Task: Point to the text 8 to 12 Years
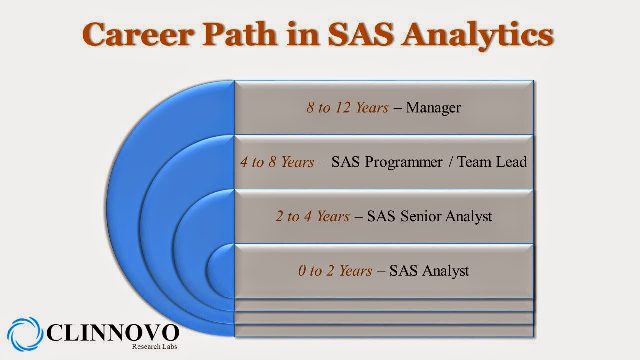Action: coord(347,108)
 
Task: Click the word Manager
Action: coord(433,108)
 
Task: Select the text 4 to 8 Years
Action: coord(277,162)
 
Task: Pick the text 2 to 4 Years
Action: coord(312,217)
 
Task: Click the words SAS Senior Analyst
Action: coord(429,217)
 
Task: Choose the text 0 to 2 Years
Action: coord(335,271)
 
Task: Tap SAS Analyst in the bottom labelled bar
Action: coord(429,271)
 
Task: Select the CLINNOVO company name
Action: coord(113,333)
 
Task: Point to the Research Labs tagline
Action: coord(154,347)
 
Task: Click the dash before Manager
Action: coord(397,108)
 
